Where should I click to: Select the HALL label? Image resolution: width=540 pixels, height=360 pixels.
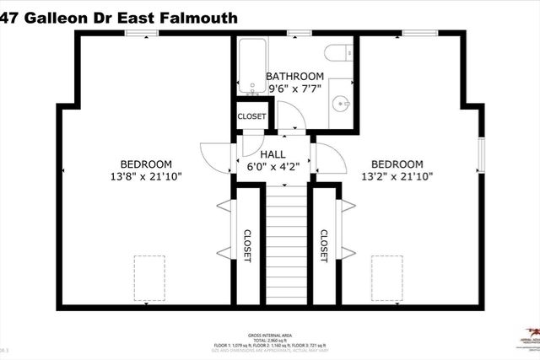(x=273, y=154)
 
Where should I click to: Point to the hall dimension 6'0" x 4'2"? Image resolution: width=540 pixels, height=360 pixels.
(x=273, y=167)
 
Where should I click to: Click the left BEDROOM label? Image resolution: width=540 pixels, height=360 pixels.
(x=146, y=164)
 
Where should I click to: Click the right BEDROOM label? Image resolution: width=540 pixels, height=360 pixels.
(x=397, y=164)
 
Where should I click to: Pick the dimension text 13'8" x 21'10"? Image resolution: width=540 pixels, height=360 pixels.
(x=146, y=176)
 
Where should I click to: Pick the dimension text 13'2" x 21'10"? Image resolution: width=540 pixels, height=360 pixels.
(x=397, y=176)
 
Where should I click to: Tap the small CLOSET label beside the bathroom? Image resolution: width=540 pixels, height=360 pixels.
(x=251, y=116)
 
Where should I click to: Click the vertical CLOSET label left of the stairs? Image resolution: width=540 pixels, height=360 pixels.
(x=248, y=246)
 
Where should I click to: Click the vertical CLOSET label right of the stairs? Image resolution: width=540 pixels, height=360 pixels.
(x=324, y=246)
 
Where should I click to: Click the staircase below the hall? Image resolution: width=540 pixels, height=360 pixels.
(x=286, y=244)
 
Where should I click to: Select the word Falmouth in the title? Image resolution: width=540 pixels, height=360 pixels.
(x=201, y=17)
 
